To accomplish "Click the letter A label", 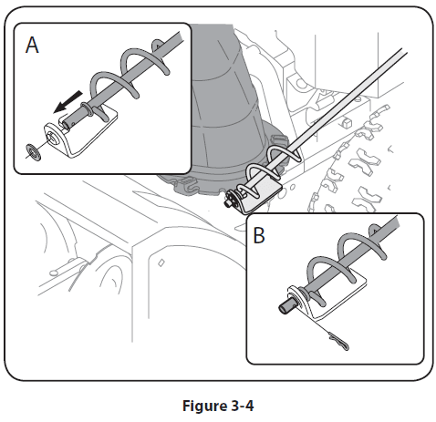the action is tap(32, 45).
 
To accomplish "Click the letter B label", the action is tap(259, 235).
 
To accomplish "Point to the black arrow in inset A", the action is tap(67, 102).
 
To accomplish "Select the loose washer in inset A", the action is tap(33, 152).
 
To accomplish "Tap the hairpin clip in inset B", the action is tap(338, 341).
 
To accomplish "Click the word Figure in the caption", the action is tap(204, 406).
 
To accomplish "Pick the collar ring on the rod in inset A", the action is tap(87, 109).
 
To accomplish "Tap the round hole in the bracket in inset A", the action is tap(54, 139).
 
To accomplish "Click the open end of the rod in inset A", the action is tap(66, 125).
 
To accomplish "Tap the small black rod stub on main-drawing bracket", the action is tap(227, 204).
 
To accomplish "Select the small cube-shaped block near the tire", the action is tap(347, 122).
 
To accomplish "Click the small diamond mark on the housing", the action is tap(161, 262).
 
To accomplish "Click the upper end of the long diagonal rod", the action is tap(404, 51).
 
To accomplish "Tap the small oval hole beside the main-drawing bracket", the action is tap(292, 187).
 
